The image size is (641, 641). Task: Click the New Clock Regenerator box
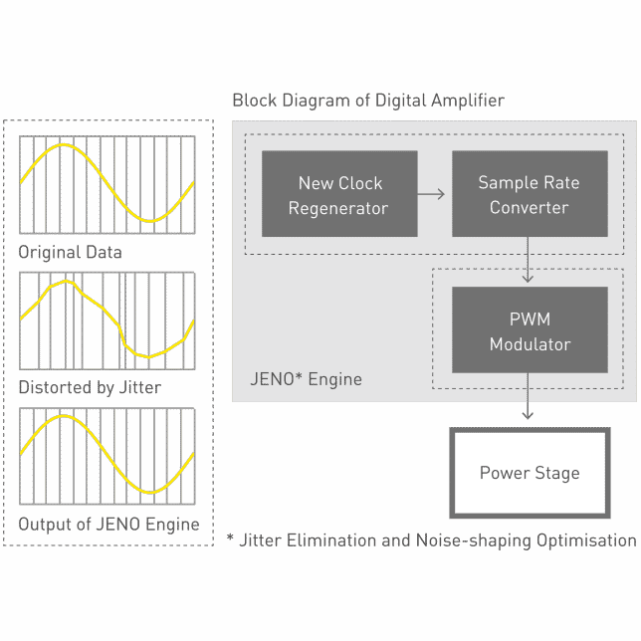click(339, 194)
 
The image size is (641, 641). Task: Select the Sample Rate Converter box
click(530, 194)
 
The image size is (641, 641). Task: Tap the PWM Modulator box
click(530, 329)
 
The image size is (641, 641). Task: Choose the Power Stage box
click(530, 473)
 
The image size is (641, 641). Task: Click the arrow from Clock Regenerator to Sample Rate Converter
click(431, 194)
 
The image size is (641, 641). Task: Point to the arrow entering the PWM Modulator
click(528, 260)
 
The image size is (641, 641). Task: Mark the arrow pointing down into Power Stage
click(528, 396)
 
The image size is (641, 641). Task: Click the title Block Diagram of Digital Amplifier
click(368, 101)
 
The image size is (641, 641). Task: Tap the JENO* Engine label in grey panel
click(306, 379)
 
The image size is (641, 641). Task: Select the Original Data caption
click(71, 252)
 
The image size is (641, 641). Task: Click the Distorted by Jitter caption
click(90, 387)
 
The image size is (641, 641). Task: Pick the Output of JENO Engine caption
click(108, 525)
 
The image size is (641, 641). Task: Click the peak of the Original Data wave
click(64, 144)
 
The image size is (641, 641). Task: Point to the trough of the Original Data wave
click(150, 221)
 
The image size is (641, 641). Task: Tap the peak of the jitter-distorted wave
click(67, 282)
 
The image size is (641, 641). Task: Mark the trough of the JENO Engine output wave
click(150, 492)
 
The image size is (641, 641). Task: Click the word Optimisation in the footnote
click(586, 540)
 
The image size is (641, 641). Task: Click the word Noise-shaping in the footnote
click(474, 540)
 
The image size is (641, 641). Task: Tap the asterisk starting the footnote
click(230, 536)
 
